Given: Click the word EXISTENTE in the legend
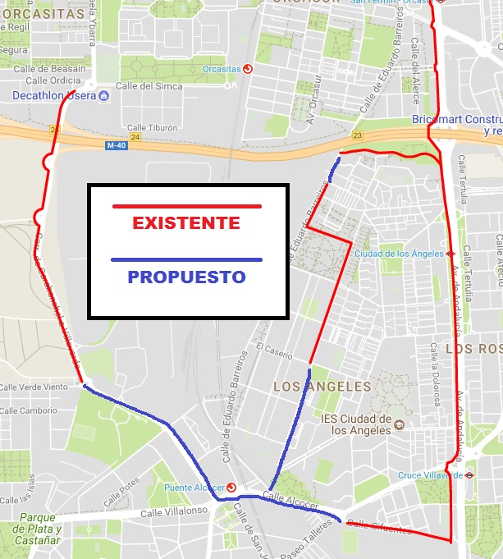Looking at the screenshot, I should point(186,223).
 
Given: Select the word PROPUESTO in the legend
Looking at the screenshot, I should point(186,277).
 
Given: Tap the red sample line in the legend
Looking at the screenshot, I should point(186,206).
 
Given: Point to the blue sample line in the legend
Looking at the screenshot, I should point(186,260).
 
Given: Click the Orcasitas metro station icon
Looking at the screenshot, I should point(248,69).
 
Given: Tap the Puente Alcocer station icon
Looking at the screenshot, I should point(231,487).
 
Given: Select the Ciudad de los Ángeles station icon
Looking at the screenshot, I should point(450,254).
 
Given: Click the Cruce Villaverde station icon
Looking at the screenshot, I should point(469,474).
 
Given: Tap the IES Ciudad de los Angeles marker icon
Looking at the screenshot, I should point(399,424).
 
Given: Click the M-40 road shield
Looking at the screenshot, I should point(116,145).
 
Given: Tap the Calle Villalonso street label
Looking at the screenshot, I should point(174,511).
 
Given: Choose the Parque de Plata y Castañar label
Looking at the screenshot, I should point(38,529).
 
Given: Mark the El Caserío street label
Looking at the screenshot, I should point(273,351).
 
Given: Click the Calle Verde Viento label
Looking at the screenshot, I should point(33,387).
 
